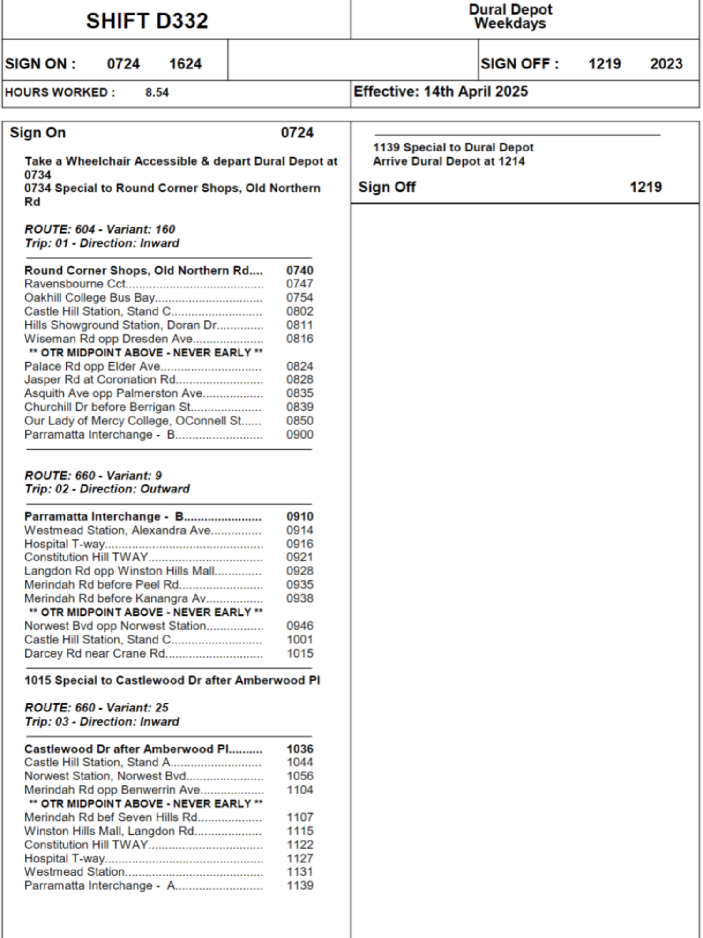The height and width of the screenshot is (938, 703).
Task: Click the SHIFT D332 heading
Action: pos(147,21)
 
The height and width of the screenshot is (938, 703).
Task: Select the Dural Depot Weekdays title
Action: pos(510,16)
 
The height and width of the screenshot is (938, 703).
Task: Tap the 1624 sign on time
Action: pos(185,64)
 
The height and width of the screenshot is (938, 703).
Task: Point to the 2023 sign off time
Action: pos(666,64)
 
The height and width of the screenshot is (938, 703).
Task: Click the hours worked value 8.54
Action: pos(157,92)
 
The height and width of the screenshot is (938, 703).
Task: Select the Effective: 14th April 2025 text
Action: pos(441,91)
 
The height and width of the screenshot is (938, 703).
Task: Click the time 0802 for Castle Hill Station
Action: pos(299,311)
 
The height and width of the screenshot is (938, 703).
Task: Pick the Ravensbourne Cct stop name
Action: pos(75,284)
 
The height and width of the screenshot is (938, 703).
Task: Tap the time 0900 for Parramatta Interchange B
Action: pos(299,434)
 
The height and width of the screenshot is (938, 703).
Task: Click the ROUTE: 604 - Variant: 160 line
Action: pos(100,229)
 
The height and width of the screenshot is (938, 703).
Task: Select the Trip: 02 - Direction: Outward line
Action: pos(107,489)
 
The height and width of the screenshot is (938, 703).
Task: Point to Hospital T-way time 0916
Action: pos(299,544)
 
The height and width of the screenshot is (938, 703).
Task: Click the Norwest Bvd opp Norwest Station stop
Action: pos(115,626)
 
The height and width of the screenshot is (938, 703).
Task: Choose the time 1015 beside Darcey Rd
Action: pos(299,653)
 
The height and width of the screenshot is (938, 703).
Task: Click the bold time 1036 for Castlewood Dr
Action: pos(299,749)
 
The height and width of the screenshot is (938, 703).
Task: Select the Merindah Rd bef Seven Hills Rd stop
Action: pos(111,817)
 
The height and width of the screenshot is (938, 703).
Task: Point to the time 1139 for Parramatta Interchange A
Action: pos(299,885)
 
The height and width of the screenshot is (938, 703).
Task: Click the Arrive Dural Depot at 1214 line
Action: pos(449,161)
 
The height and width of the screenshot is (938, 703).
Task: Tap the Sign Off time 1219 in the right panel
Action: pos(645,187)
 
